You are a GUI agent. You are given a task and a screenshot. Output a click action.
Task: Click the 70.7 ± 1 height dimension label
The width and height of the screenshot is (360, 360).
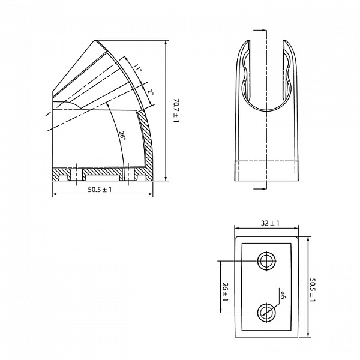click(x=176, y=111)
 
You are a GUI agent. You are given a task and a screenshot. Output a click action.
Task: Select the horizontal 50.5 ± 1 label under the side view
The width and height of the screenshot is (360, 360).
click(x=100, y=190)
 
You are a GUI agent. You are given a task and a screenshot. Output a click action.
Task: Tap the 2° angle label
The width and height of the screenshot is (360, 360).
click(x=151, y=92)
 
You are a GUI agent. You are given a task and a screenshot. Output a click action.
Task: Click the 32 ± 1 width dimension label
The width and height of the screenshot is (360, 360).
click(x=271, y=223)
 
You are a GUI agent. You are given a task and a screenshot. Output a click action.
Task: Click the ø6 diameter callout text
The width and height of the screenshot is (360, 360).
click(x=283, y=293)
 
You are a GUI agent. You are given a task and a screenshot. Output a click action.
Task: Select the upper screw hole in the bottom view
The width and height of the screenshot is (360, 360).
click(x=266, y=261)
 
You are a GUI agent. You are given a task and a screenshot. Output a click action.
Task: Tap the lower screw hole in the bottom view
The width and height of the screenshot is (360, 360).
click(x=266, y=311)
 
